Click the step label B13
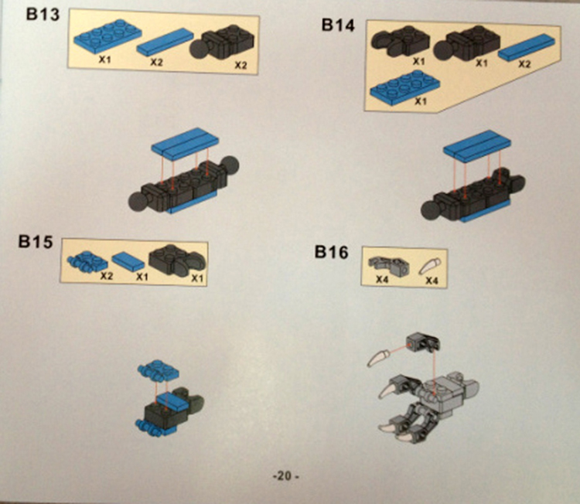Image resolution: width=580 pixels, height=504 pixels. (x=43, y=15)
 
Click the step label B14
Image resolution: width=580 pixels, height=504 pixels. (x=338, y=25)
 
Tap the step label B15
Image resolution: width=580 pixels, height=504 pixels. (x=36, y=242)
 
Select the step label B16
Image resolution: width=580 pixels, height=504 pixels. (x=332, y=252)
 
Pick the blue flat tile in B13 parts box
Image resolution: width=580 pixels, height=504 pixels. (x=165, y=43)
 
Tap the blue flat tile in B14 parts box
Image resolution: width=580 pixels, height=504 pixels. (x=527, y=46)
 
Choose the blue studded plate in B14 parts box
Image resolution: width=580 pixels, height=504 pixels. (x=405, y=86)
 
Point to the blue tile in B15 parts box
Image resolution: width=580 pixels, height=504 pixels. (x=128, y=262)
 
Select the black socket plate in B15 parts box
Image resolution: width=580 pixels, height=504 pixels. (x=177, y=260)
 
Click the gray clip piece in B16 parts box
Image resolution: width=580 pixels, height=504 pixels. (x=388, y=265)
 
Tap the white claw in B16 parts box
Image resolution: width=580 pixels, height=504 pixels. (x=430, y=266)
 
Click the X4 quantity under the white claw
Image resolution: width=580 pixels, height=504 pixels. (x=432, y=281)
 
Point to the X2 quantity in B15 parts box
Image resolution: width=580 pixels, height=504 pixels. (x=107, y=276)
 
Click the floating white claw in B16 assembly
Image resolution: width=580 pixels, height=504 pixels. (x=378, y=357)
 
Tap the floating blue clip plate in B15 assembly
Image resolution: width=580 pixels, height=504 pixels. (x=159, y=370)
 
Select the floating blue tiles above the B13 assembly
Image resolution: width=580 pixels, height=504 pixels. (x=185, y=144)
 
